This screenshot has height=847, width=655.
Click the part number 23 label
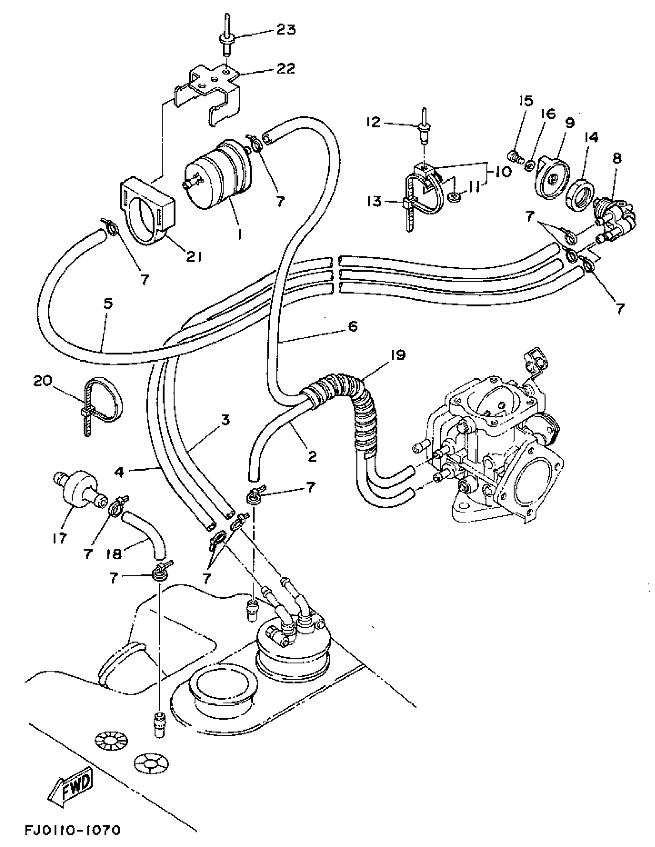coord(286,30)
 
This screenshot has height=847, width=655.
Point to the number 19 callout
coord(396,355)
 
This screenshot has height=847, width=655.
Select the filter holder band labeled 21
coord(146,209)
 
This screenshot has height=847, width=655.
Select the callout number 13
coord(375,201)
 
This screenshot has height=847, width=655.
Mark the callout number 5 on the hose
coord(108,304)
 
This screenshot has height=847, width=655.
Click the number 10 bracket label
coord(503,172)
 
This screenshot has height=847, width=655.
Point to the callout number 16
coord(548,114)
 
